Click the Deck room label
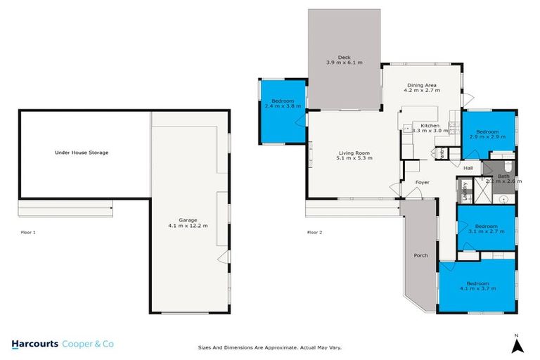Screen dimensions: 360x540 (x=344, y=57)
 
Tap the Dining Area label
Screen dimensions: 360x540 (x=421, y=84)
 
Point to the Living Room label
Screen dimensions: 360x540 (x=354, y=153)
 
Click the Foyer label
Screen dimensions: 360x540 (x=422, y=182)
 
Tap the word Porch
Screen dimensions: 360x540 (x=421, y=255)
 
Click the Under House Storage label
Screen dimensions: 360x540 (x=82, y=152)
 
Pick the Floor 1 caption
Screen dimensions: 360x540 (x=29, y=232)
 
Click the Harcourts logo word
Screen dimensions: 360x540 (x=35, y=344)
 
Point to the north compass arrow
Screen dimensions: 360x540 (x=517, y=345)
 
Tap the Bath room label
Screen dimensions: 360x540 (x=503, y=176)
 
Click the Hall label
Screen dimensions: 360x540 (x=468, y=169)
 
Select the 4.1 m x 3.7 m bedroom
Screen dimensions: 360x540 (x=477, y=285)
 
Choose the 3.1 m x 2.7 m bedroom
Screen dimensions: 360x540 (x=485, y=228)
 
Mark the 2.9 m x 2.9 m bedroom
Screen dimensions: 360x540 (x=487, y=133)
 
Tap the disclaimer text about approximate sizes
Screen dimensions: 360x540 (x=270, y=347)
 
